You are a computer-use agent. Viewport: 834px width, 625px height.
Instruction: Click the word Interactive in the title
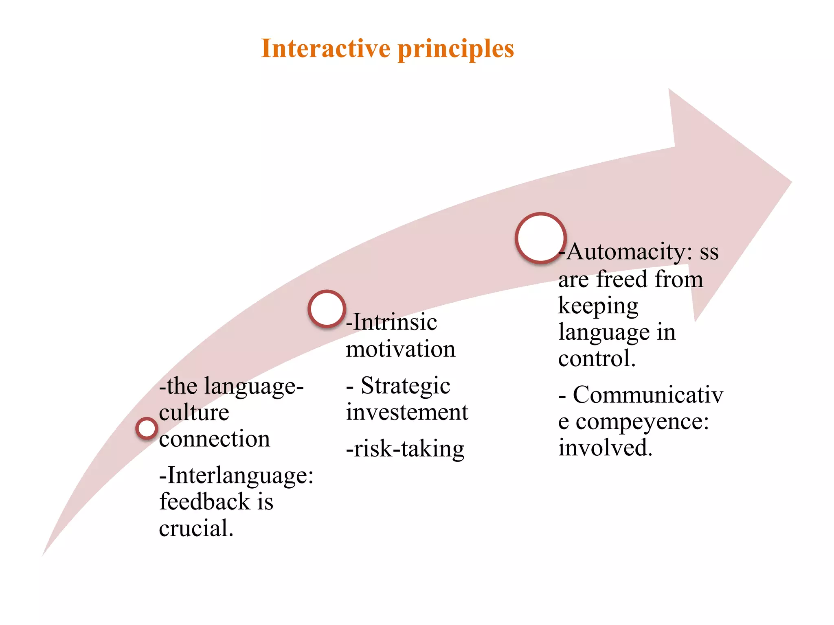pos(326,48)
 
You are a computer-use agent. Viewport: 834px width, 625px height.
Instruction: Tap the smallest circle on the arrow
pos(147,428)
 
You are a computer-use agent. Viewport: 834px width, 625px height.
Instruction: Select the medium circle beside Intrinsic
pos(327,309)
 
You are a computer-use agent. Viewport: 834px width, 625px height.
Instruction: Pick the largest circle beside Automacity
pos(540,238)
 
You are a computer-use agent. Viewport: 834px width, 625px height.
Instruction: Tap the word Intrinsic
pos(395,322)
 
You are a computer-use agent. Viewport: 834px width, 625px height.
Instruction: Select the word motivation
pos(401,349)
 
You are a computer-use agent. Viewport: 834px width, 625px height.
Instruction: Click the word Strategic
pos(406,386)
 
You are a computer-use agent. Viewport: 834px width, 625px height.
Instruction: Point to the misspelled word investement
pos(407,412)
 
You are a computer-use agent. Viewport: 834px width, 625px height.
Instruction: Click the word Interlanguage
pos(240,475)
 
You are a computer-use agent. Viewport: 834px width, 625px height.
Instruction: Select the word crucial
pos(196,529)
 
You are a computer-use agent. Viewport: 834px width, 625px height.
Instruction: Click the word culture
pos(194,413)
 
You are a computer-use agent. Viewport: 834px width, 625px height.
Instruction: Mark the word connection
pos(215,439)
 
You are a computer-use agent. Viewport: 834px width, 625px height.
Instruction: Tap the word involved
pos(605,448)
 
